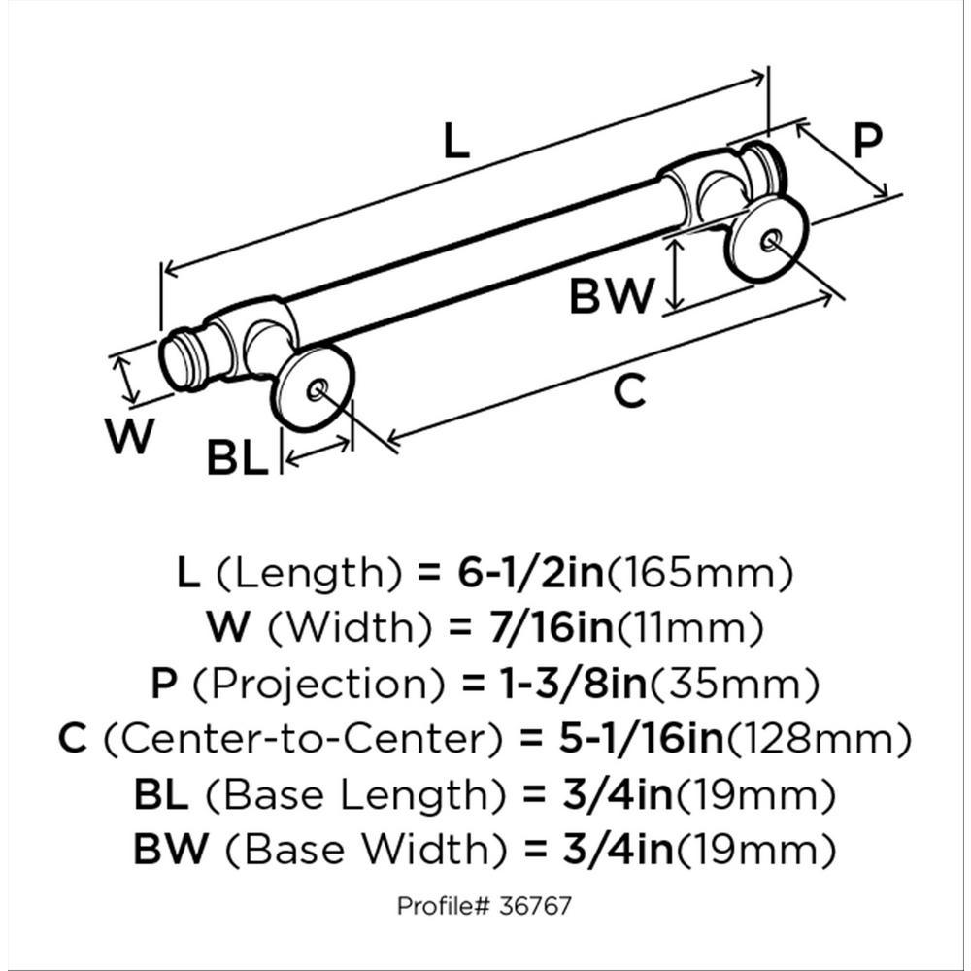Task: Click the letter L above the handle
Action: click(x=456, y=141)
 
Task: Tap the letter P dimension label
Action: click(x=867, y=141)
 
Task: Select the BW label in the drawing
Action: click(x=612, y=296)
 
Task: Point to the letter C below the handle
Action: click(x=630, y=390)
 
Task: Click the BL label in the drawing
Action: click(x=237, y=457)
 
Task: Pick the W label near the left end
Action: click(x=129, y=436)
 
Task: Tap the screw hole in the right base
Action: click(x=770, y=240)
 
